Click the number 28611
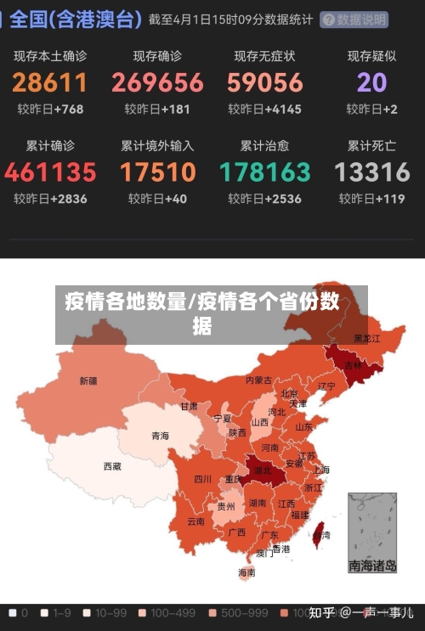[49, 82]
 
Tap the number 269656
[157, 82]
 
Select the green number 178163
[265, 172]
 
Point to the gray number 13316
[372, 172]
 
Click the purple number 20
[372, 82]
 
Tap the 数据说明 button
[354, 20]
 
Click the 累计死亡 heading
[372, 146]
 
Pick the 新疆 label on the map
[88, 380]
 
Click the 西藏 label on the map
[112, 466]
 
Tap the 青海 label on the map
[160, 436]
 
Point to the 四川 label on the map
[202, 479]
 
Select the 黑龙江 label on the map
[367, 338]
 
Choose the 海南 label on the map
[246, 573]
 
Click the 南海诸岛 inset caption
[372, 566]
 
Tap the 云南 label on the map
[195, 521]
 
